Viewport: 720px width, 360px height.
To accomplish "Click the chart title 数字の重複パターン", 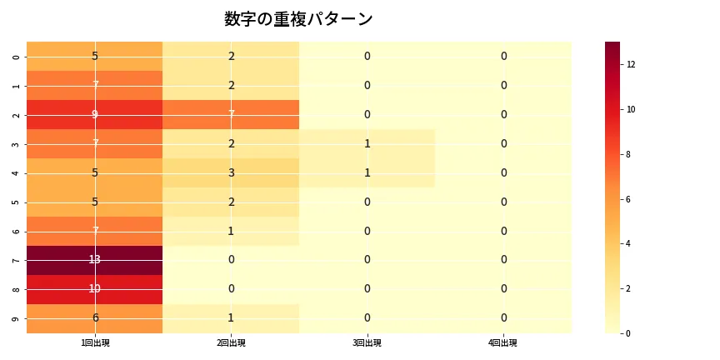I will [298, 19].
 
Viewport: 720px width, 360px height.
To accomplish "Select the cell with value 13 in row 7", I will [95, 260].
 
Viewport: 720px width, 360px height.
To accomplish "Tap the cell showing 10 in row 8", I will [95, 289].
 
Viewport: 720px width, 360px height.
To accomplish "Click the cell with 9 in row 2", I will [95, 114].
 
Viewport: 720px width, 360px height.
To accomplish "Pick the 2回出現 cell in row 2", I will [231, 114].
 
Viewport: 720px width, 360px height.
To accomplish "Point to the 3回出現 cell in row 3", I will [367, 143].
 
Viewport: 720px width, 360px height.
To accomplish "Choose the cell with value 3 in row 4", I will [231, 172].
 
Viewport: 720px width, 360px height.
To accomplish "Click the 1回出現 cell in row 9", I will [95, 318].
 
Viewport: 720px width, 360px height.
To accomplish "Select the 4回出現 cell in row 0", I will [503, 56].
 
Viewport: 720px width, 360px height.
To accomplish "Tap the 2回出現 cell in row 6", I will [231, 231].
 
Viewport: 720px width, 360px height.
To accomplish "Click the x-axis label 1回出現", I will [95, 342].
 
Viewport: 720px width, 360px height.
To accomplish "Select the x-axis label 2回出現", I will [231, 342].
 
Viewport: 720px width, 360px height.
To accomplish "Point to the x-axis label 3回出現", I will [367, 342].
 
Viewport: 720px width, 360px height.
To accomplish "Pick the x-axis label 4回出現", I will [503, 342].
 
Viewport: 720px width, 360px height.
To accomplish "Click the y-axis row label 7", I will [16, 260].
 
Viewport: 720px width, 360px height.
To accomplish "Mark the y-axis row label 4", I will [16, 172].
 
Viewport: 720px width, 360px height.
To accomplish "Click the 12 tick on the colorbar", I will [631, 64].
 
